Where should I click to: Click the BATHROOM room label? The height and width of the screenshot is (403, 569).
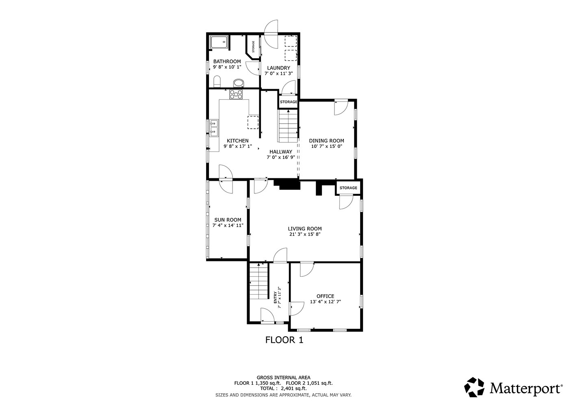pos(227,61)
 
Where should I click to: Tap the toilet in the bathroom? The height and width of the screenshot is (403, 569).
pos(217,81)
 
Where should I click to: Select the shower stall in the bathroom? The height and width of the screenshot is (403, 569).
pos(219,42)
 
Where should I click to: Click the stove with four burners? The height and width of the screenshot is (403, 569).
pos(236,94)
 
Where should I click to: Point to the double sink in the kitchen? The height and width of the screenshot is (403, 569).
pos(214,128)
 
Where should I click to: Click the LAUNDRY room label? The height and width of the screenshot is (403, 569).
pos(278,68)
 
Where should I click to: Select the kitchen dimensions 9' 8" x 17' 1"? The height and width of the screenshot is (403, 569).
pos(237,146)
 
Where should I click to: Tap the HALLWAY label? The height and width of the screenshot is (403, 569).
pos(281,151)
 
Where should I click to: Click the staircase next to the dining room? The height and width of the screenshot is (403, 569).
pos(288,126)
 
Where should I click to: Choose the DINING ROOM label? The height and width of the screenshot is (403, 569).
pos(326,141)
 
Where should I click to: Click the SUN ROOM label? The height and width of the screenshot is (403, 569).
pos(228,220)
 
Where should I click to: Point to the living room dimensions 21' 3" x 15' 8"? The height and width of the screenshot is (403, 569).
pos(305,234)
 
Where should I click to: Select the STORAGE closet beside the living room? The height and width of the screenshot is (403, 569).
pos(348,188)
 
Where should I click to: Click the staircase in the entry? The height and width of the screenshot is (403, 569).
pos(259,281)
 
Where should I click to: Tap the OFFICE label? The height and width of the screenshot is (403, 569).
pos(326,296)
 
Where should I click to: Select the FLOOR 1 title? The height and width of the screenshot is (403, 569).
pos(284,340)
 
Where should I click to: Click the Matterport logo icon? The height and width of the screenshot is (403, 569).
pos(474,387)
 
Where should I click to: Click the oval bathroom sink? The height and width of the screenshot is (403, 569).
pos(239,83)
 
